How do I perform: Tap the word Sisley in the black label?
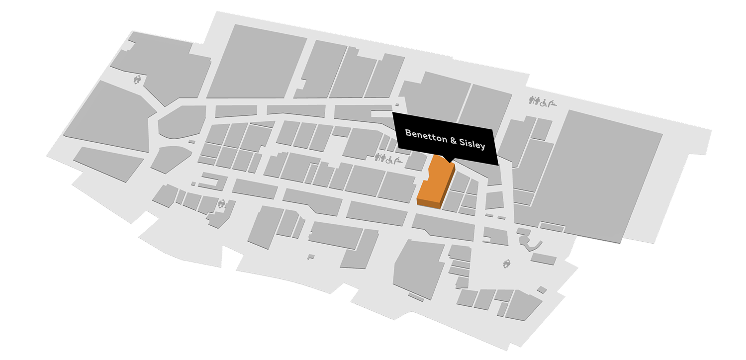[x=472, y=144]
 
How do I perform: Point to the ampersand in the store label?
[x=453, y=141]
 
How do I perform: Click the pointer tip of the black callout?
[x=450, y=163]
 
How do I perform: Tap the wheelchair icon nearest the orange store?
[x=389, y=160]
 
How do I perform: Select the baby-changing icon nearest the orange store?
[x=398, y=161]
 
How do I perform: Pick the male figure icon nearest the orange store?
[x=376, y=157]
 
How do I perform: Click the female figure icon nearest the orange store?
[x=382, y=158]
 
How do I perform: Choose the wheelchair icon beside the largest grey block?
[x=544, y=103]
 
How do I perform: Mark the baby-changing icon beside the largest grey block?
[x=553, y=103]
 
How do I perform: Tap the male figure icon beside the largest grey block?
[x=531, y=100]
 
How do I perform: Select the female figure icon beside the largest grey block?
[x=537, y=100]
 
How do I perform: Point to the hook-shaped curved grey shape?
[x=530, y=240]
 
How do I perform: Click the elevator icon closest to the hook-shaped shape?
[x=507, y=264]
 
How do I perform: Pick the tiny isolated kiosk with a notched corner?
[x=311, y=257]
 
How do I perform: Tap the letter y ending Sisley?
[x=483, y=146]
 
